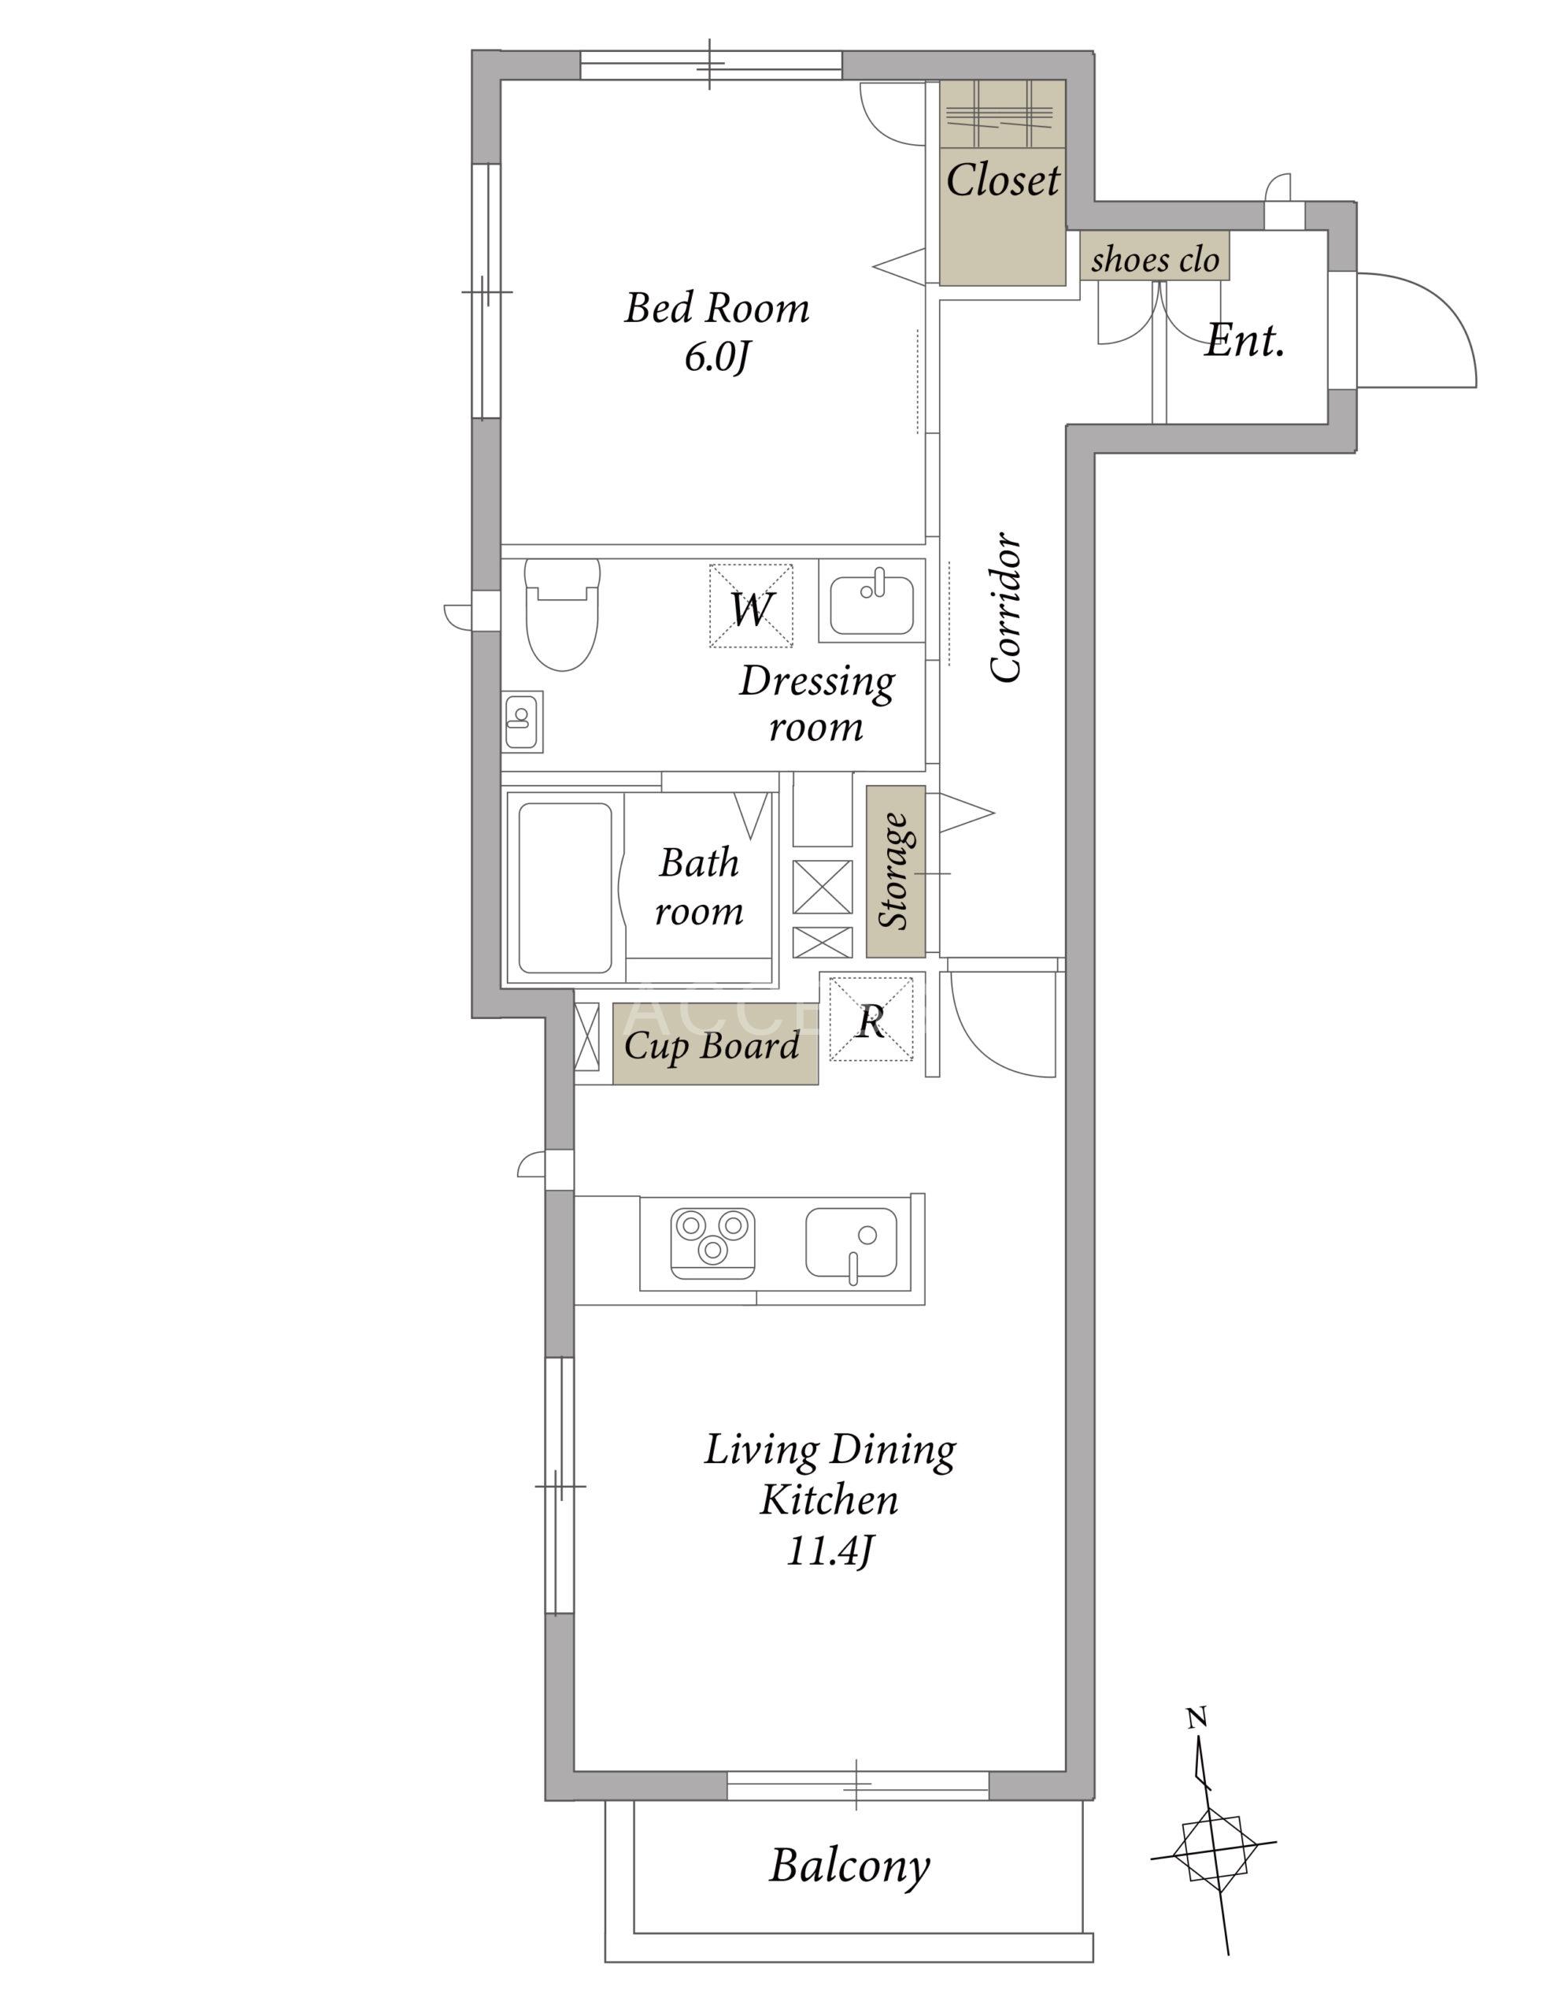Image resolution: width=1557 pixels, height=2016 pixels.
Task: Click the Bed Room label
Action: (x=716, y=307)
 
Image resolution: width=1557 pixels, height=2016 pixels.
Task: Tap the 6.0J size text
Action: (x=716, y=358)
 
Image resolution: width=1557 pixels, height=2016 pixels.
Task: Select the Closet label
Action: (x=1002, y=179)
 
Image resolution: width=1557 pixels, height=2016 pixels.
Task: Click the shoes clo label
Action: (x=1155, y=259)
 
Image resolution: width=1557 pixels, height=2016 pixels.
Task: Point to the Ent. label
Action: (x=1245, y=341)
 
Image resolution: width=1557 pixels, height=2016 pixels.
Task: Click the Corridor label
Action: (x=1006, y=607)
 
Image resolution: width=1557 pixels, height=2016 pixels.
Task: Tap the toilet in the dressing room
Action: (x=562, y=613)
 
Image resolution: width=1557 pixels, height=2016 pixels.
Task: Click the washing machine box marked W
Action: (x=750, y=606)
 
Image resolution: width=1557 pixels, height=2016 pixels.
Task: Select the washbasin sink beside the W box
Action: (x=871, y=605)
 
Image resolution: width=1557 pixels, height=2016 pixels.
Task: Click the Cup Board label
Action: (x=712, y=1046)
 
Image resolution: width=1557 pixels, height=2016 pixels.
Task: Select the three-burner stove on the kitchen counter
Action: (x=712, y=1243)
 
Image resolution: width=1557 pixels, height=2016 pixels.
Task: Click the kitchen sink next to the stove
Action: (x=851, y=1243)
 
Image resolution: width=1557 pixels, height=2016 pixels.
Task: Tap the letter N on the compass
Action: (x=1196, y=1718)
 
